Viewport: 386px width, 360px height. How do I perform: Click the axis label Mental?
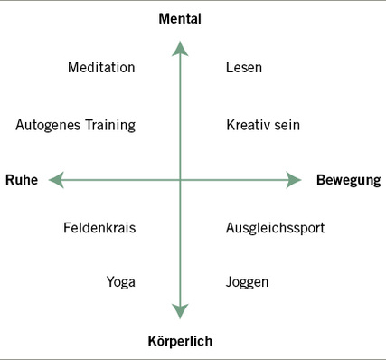click(x=179, y=18)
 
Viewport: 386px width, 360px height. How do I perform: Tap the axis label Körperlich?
click(x=179, y=341)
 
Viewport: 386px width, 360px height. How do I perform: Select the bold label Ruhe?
click(x=21, y=180)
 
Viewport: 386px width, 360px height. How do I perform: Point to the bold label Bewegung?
click(x=348, y=180)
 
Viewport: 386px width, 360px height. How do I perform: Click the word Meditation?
click(x=101, y=68)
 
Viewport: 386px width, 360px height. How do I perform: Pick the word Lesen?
click(x=244, y=68)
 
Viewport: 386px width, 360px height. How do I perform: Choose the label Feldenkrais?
click(x=99, y=228)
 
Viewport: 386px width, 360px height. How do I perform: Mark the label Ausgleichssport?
click(x=275, y=228)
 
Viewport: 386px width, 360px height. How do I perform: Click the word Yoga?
click(x=120, y=282)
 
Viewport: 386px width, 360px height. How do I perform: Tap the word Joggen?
click(x=247, y=282)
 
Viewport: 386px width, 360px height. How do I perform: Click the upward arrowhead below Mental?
click(x=180, y=46)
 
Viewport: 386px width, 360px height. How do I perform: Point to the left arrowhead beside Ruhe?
click(x=57, y=181)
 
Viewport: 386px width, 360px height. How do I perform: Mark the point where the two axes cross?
click(x=180, y=181)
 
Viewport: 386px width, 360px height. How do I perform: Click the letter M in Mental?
click(x=164, y=18)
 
